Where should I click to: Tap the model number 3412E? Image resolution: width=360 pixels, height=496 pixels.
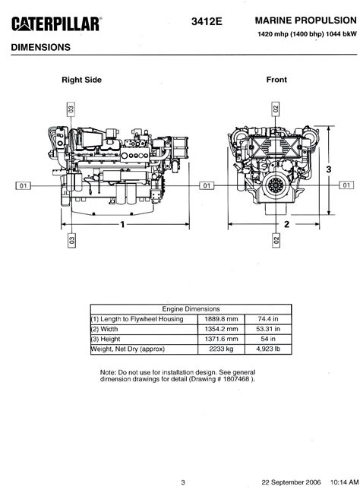click(207, 21)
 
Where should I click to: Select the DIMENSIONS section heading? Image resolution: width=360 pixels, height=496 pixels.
click(41, 47)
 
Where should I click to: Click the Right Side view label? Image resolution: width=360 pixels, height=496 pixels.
click(81, 80)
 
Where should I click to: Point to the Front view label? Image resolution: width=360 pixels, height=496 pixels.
click(276, 80)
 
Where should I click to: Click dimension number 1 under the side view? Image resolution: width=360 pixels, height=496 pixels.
click(122, 225)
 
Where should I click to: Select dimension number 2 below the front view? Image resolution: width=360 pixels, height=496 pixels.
click(286, 224)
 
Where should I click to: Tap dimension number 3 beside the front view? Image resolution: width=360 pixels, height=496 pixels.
click(329, 169)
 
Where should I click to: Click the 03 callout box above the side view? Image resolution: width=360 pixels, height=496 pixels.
click(71, 109)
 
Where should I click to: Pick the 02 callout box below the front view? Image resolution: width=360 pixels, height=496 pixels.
click(276, 241)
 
